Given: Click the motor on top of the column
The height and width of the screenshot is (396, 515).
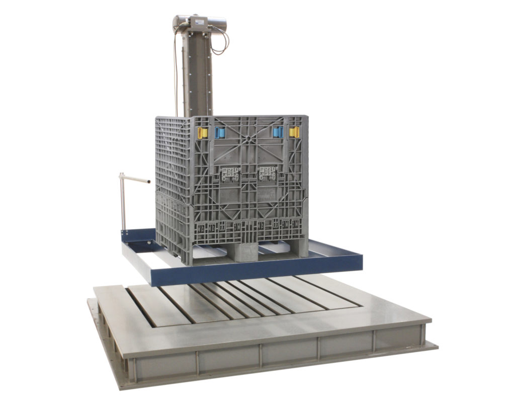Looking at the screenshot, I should [199, 23].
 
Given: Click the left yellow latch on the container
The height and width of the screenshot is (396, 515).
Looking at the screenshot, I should [202, 133].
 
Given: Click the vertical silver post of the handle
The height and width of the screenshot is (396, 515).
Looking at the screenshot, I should [122, 202].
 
